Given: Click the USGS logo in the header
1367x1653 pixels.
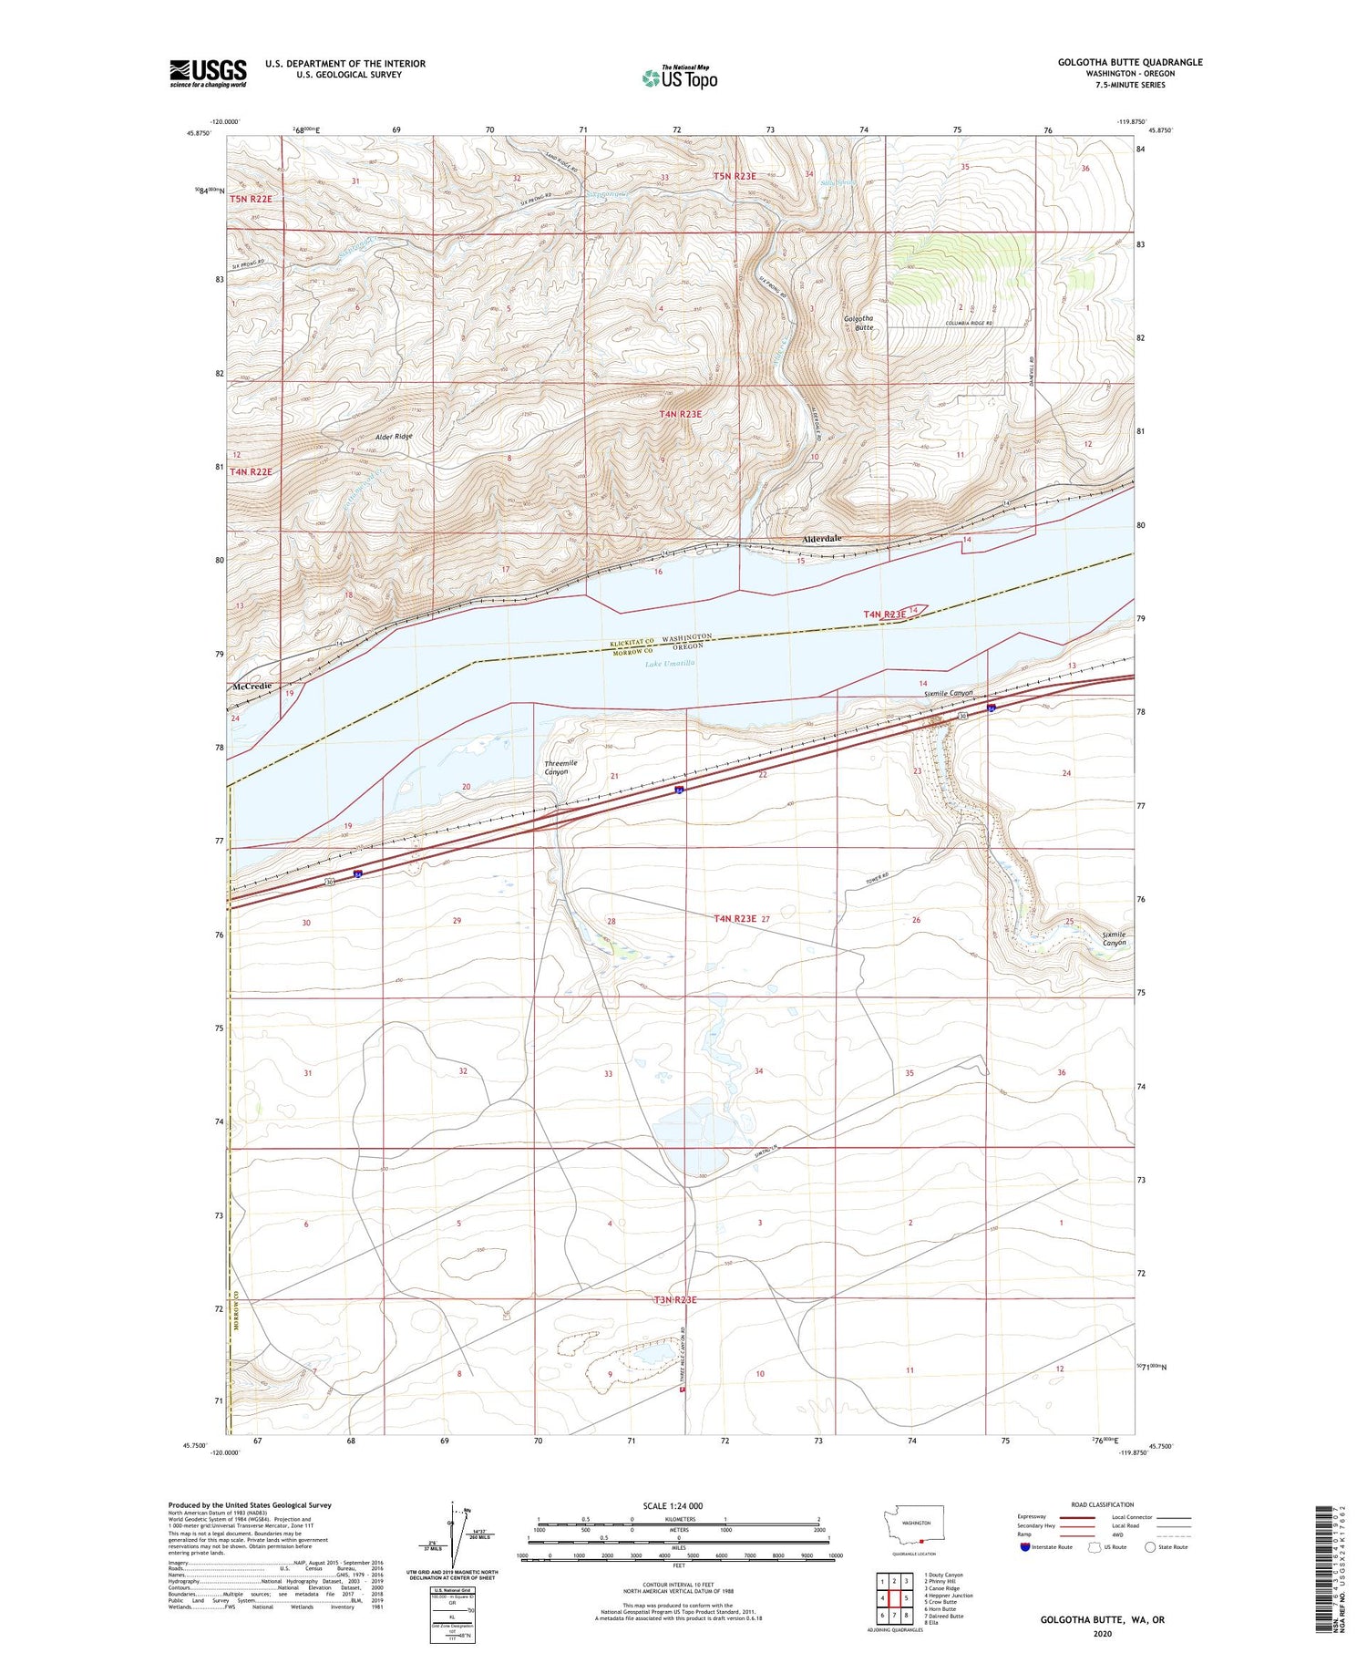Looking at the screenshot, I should [208, 73].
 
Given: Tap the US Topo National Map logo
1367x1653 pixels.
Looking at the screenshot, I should [679, 77].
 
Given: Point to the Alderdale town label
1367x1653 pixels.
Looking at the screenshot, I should [821, 539].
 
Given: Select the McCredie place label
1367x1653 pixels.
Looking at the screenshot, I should [253, 686].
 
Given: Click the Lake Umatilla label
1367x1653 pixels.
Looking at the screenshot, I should [670, 663].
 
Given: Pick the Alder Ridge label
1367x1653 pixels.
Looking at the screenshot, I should [394, 436].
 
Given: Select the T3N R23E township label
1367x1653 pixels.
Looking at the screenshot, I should [675, 1299].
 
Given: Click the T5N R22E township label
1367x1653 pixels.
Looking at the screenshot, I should [251, 198].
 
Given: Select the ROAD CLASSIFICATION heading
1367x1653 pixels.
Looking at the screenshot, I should [1103, 1504].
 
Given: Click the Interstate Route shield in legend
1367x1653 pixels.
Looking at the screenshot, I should [1026, 1546].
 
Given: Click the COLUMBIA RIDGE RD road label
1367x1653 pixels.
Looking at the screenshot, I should [969, 324].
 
